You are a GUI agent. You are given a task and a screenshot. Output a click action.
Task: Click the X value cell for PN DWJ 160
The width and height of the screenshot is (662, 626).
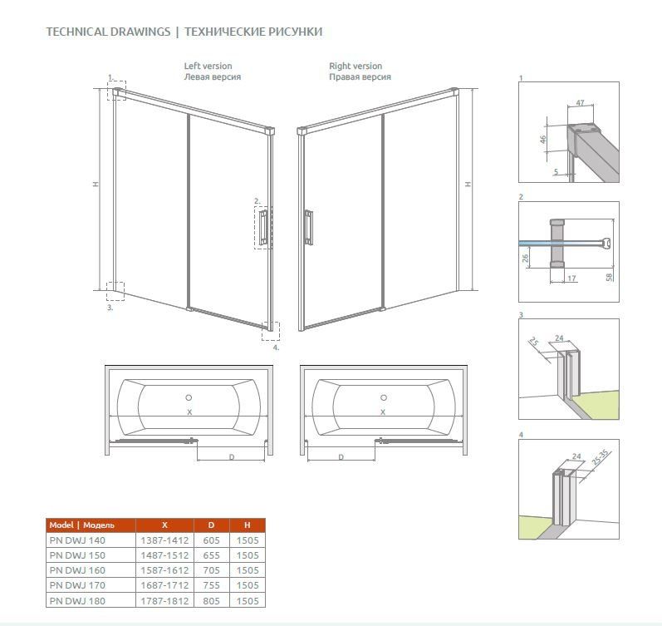[x=164, y=570]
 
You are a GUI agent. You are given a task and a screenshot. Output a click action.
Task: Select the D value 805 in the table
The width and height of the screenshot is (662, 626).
[x=211, y=600]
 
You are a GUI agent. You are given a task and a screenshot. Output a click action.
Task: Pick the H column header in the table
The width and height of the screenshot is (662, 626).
[x=248, y=525]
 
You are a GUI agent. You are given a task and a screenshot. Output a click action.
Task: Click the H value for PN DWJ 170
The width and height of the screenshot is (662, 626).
[x=248, y=585]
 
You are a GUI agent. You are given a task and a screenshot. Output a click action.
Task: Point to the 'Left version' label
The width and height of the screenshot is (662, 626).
[x=208, y=66]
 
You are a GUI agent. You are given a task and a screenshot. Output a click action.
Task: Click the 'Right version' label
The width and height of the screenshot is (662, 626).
[x=356, y=66]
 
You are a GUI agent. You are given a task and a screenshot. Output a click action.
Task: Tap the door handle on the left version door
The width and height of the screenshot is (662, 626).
[x=263, y=228]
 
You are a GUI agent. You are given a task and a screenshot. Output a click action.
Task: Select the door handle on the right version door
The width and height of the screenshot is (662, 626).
[x=309, y=228]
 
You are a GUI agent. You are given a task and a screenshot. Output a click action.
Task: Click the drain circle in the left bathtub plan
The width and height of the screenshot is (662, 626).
[x=189, y=397]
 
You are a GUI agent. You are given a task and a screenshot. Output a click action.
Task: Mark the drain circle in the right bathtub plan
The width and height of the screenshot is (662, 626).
[x=384, y=397]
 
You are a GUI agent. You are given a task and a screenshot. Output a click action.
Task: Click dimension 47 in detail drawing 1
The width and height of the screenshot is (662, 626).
[x=580, y=103]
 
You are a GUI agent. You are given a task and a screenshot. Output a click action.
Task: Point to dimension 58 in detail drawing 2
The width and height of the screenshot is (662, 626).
[x=609, y=278]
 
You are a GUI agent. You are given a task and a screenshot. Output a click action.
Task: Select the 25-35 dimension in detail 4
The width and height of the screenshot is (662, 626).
[x=600, y=457]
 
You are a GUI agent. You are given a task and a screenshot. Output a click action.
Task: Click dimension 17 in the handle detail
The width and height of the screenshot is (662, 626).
[x=571, y=278]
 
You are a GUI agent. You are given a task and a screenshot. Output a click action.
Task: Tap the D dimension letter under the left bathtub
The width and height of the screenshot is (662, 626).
[x=232, y=457]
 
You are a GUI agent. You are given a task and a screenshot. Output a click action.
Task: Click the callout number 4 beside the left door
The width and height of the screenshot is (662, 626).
[x=276, y=348]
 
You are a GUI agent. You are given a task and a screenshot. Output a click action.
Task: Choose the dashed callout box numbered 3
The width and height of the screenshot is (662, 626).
[x=115, y=291]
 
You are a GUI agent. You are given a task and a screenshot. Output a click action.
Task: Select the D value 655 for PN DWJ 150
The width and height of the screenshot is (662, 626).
[x=211, y=555]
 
